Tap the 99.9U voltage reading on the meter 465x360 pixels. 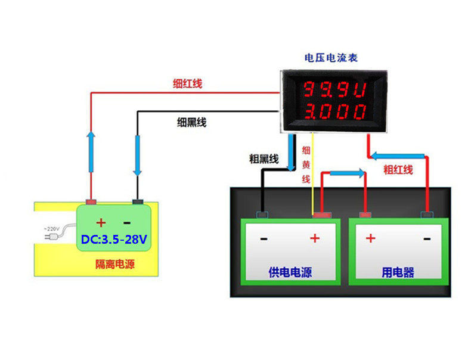click(335, 90)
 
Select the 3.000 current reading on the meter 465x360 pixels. click(335, 111)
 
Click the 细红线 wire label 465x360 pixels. click(188, 83)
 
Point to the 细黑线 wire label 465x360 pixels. click(192, 122)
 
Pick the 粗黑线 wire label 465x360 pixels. click(263, 159)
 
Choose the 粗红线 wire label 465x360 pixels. click(398, 169)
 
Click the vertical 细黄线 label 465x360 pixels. click(306, 163)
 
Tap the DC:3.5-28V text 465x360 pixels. click(114, 240)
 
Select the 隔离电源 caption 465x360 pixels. click(115, 264)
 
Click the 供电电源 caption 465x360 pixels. click(290, 273)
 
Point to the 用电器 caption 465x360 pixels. click(398, 273)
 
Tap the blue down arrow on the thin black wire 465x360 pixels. click(138, 154)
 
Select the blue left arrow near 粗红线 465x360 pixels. click(398, 156)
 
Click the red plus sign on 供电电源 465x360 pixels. click(315, 238)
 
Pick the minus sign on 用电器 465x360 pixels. click(427, 238)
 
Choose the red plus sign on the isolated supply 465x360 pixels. click(101, 223)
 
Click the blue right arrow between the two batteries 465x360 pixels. click(348, 173)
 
